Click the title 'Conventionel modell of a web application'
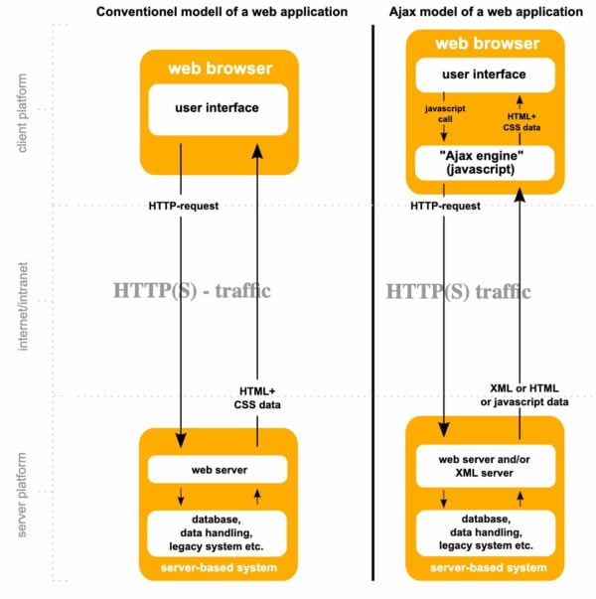tap(220, 12)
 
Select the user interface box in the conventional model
tap(219, 108)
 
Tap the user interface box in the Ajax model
tap(484, 74)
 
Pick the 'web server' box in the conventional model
tap(219, 468)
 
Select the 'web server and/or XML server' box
tap(484, 466)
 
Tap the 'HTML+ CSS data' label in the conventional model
tap(258, 397)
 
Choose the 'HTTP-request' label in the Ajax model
tap(446, 206)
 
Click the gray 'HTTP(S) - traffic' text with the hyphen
tap(192, 291)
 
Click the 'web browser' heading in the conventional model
tap(219, 68)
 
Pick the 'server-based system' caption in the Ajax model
tap(486, 567)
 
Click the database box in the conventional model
tap(219, 533)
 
